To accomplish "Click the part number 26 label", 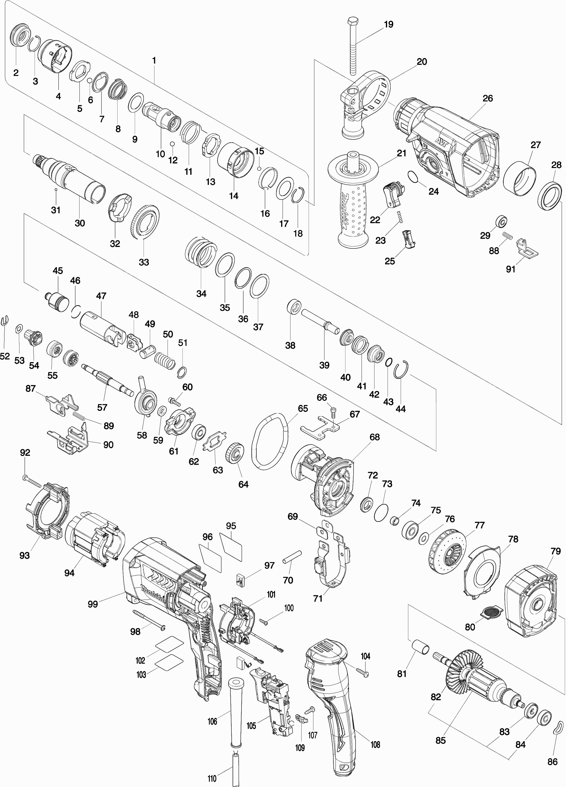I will (x=488, y=99).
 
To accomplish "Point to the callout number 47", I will (x=101, y=296).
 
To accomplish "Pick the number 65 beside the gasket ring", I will (x=303, y=408).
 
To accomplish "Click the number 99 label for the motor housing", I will (x=93, y=604).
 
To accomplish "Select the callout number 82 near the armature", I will (x=436, y=697).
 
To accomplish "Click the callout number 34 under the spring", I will (x=201, y=294).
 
